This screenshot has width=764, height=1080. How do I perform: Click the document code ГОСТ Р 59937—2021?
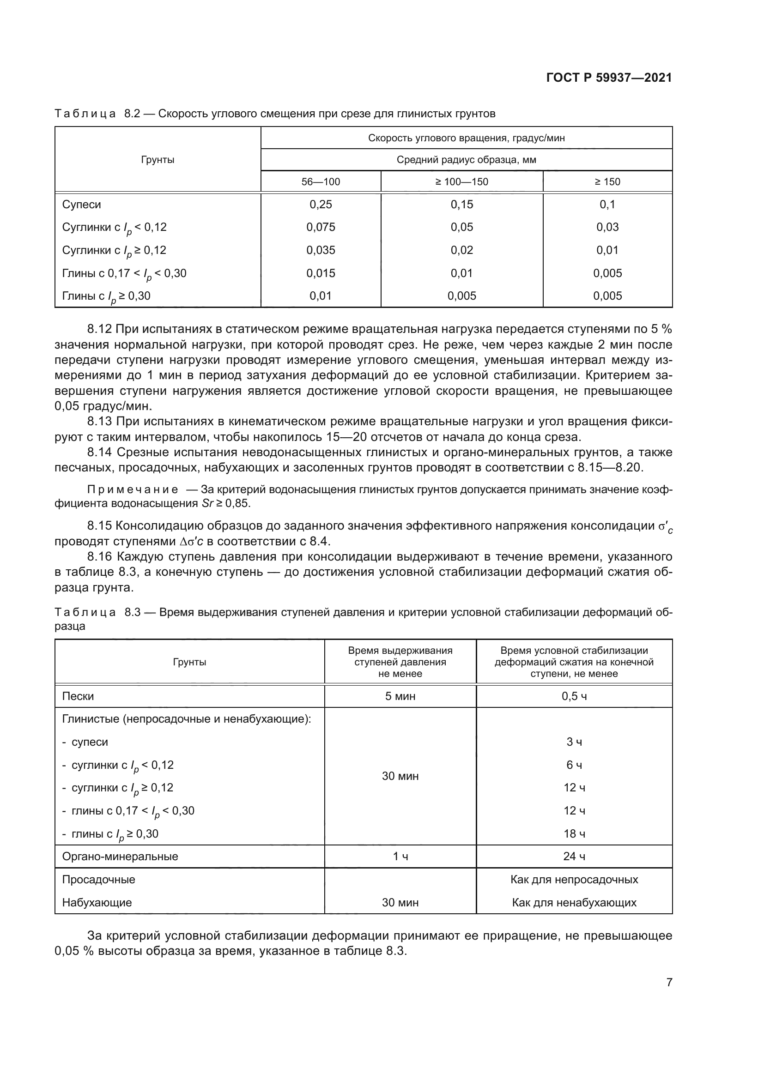[609, 78]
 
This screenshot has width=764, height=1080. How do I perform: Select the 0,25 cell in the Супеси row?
[321, 205]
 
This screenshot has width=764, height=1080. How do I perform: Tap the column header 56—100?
[321, 181]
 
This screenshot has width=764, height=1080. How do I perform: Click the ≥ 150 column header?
[607, 181]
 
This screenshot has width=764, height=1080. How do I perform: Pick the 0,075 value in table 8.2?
[321, 227]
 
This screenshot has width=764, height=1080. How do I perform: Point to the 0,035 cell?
[321, 250]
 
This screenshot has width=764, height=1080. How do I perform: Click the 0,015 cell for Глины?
[321, 273]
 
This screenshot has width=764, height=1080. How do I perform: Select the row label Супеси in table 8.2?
[81, 205]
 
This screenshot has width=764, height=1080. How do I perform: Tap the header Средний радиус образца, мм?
[466, 159]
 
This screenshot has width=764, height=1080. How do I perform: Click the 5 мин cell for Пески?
[400, 696]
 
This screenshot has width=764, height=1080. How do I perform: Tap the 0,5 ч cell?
[574, 696]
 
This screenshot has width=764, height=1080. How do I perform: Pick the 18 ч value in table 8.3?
[574, 834]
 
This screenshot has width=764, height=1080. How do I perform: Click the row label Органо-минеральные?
[120, 857]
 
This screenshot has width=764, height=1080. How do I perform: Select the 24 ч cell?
[574, 857]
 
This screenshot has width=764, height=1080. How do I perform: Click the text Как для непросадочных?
[574, 880]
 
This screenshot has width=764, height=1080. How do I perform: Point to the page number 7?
[669, 982]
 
